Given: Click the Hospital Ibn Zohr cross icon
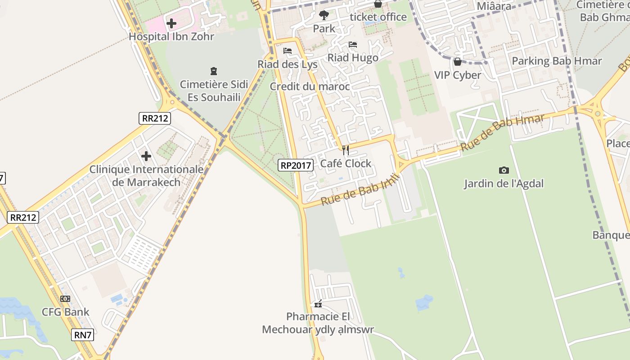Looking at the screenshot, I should [x=171, y=23].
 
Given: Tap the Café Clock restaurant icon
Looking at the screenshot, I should [x=346, y=150].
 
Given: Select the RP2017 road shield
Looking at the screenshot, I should [x=296, y=165].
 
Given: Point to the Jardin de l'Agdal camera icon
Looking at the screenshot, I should [x=504, y=170].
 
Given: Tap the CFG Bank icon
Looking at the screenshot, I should [x=65, y=299].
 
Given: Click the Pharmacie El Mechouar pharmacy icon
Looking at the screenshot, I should [x=318, y=304].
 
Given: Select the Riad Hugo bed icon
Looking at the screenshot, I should [x=353, y=45].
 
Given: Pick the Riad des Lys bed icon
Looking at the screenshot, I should [x=288, y=51].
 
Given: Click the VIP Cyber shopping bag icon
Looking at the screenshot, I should [x=458, y=62].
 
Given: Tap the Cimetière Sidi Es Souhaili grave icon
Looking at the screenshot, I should [x=214, y=71].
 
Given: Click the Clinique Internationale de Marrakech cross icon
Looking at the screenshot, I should [x=146, y=156].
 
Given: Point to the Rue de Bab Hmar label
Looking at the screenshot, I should [x=502, y=132].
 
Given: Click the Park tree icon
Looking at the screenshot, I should [x=324, y=15].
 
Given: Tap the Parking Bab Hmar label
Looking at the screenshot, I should [x=557, y=61].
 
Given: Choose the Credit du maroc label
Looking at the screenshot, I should [x=310, y=86].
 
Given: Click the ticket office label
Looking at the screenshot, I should [x=378, y=17].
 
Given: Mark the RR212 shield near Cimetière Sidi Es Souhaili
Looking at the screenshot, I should [x=155, y=118].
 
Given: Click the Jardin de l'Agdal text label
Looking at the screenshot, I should [x=504, y=184].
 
